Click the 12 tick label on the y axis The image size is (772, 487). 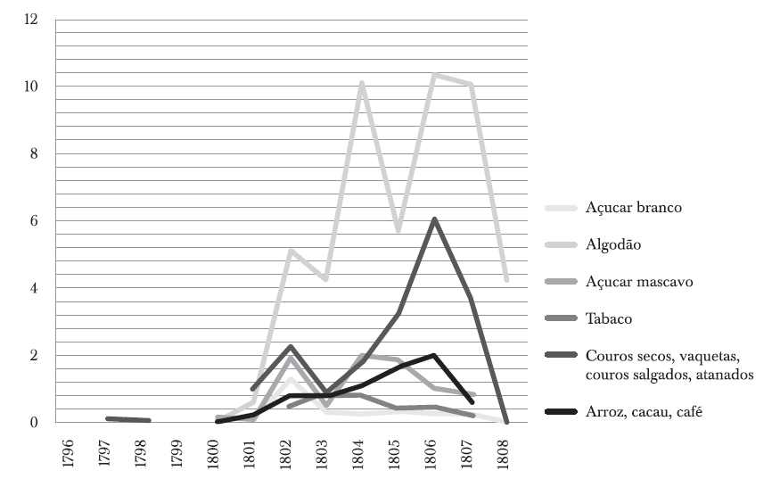(x=33, y=20)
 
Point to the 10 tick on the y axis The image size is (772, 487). (x=33, y=87)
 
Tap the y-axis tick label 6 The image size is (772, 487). (x=37, y=221)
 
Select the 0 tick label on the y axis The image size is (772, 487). (x=37, y=423)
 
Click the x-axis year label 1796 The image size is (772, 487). (x=69, y=451)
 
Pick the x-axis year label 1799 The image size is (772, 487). (x=178, y=451)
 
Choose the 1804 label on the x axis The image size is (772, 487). (x=360, y=451)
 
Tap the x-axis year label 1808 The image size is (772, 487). (x=506, y=451)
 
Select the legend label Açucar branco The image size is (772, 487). (x=632, y=208)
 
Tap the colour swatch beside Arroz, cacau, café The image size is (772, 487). (x=560, y=412)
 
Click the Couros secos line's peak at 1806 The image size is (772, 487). (x=433, y=219)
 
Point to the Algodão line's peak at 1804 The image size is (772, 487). (x=360, y=83)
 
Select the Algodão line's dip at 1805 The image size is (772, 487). (x=397, y=230)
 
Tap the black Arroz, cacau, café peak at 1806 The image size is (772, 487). (x=433, y=355)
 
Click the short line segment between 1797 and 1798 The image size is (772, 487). (x=127, y=419)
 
